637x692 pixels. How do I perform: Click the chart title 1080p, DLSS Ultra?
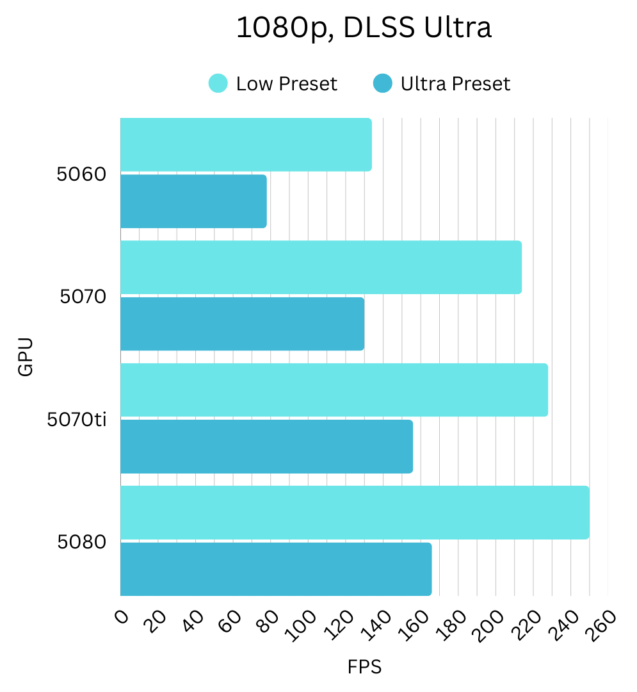364,28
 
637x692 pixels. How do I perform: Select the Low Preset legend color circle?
218,83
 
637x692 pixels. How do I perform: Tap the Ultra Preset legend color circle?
383,83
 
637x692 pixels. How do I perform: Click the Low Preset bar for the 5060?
246,144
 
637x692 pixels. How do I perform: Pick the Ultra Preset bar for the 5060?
193,201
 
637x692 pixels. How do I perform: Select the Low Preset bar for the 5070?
321,267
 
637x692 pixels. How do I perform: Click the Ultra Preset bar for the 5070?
242,324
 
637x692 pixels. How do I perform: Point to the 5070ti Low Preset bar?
334,390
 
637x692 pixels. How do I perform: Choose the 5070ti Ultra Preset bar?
266,446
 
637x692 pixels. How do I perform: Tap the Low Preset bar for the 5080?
355,512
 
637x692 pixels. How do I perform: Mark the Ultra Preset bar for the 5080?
276,569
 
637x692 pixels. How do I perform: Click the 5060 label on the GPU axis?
81,174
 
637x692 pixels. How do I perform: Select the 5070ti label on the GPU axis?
76,420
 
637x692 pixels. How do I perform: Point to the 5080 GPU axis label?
81,543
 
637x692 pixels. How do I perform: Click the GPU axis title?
25,357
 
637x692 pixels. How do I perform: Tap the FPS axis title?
364,667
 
